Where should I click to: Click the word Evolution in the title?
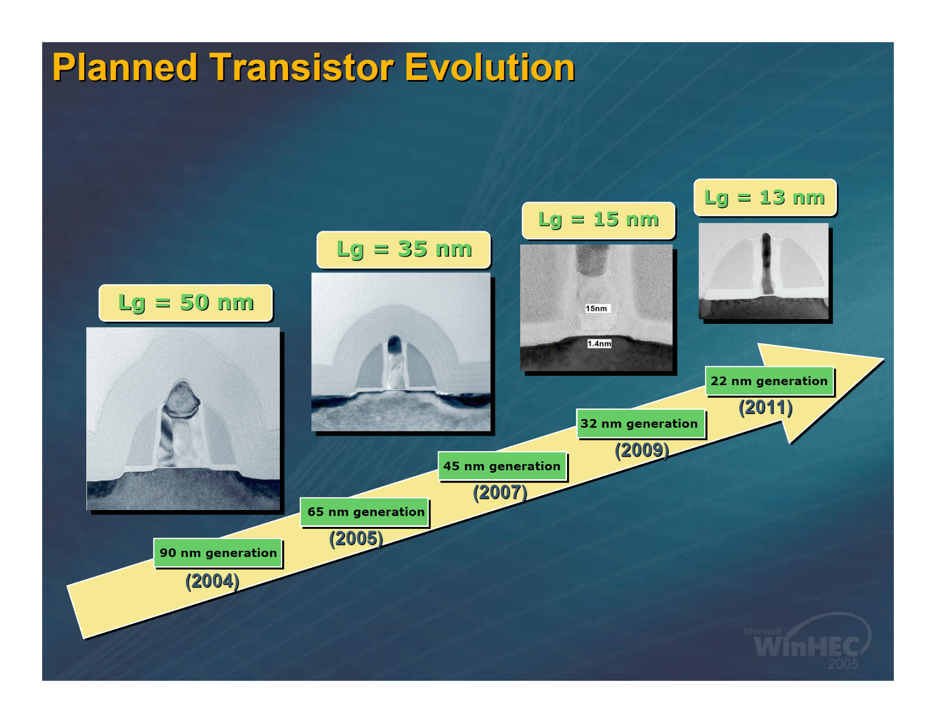point(490,67)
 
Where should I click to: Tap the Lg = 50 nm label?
point(186,303)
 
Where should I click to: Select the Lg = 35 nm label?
point(404,249)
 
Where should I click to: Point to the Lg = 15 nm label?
point(598,220)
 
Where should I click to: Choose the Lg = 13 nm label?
point(765,197)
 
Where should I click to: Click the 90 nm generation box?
point(218,553)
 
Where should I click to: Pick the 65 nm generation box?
point(365,512)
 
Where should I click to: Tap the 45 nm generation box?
point(502,466)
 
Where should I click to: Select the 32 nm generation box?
point(641,424)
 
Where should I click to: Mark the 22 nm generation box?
point(769,381)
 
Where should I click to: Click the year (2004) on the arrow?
point(213,581)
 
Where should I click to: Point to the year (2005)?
point(356,539)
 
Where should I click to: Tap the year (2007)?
point(500,493)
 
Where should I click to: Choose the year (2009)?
point(642,450)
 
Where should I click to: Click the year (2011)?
point(766,408)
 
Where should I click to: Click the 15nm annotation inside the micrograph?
point(597,308)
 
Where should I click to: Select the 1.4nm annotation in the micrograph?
point(599,343)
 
